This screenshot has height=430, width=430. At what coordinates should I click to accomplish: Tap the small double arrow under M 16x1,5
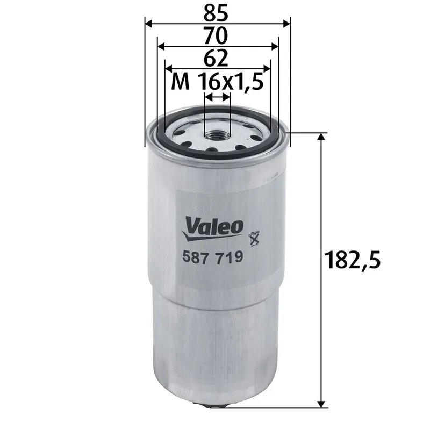coord(217,97)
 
